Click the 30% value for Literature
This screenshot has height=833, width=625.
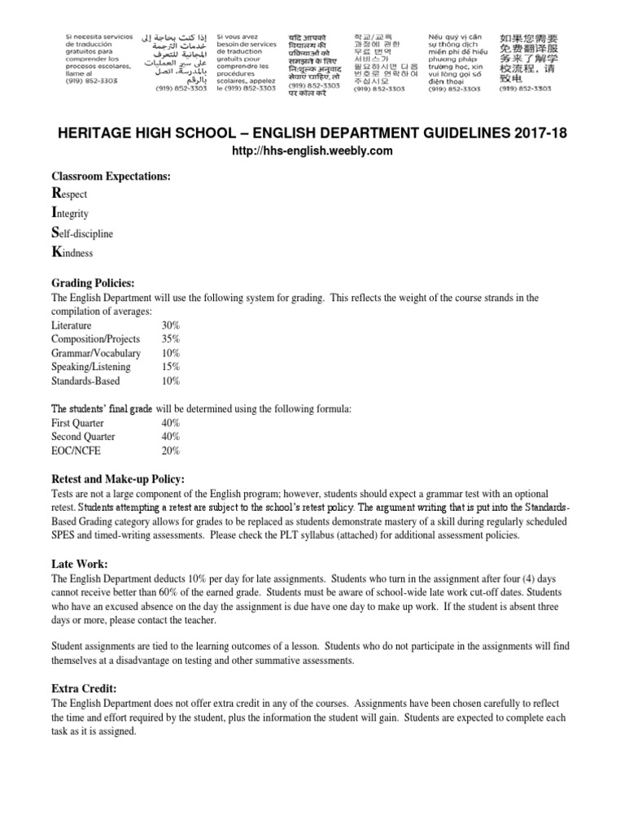[x=171, y=325]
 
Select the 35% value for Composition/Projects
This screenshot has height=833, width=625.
[x=171, y=339]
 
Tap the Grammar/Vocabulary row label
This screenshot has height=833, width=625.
[x=96, y=353]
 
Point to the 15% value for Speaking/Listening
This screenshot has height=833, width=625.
[x=171, y=367]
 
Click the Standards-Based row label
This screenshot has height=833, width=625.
[x=85, y=381]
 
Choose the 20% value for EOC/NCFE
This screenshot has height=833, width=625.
[x=171, y=451]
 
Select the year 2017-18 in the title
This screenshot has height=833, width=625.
[x=538, y=133]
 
